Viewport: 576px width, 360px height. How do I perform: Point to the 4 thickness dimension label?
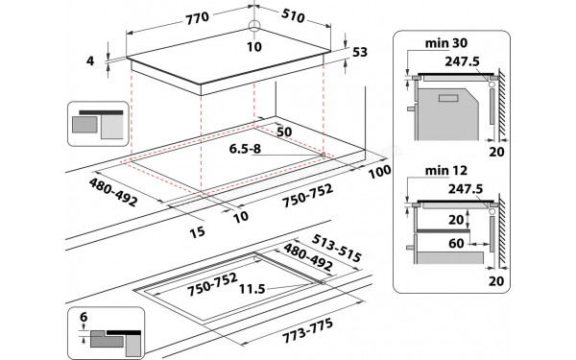pos(90,60)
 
